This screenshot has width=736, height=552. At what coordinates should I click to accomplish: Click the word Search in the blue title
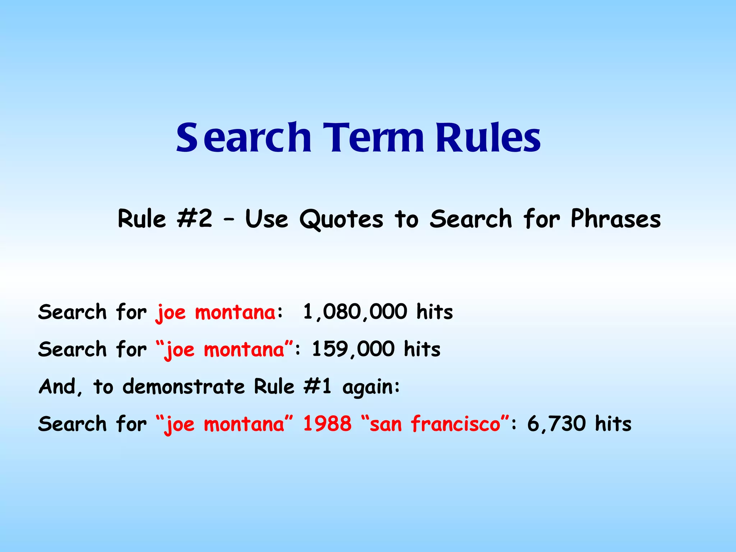pyautogui.click(x=243, y=138)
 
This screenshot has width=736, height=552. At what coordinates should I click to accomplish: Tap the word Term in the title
pyautogui.click(x=374, y=138)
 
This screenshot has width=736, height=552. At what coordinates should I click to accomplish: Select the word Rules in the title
pyautogui.click(x=488, y=138)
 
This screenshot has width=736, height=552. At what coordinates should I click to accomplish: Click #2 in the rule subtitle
pyautogui.click(x=194, y=218)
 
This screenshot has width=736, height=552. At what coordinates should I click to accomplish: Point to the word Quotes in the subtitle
pyautogui.click(x=341, y=219)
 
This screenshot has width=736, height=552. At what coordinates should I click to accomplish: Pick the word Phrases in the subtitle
pyautogui.click(x=615, y=218)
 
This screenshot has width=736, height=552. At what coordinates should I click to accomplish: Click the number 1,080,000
pyautogui.click(x=355, y=312)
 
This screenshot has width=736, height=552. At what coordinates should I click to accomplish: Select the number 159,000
pyautogui.click(x=353, y=349)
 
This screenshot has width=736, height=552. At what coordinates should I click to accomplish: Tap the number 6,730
pyautogui.click(x=556, y=423)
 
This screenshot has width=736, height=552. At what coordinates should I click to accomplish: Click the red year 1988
pyautogui.click(x=327, y=423)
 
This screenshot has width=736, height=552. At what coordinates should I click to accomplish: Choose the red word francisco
pyautogui.click(x=456, y=423)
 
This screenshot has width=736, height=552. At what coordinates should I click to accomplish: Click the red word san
pyautogui.click(x=385, y=424)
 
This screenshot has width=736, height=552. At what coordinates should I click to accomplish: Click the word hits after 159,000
pyautogui.click(x=422, y=349)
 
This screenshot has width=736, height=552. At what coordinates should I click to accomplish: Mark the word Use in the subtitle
pyautogui.click(x=266, y=219)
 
